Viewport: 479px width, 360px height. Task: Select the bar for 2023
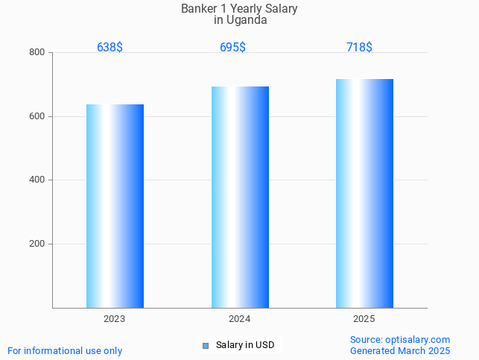click(x=115, y=206)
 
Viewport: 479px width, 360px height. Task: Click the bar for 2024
click(x=240, y=197)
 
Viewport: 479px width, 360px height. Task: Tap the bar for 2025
click(x=364, y=193)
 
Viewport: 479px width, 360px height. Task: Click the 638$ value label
click(x=110, y=47)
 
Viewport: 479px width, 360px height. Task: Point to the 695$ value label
click(x=232, y=47)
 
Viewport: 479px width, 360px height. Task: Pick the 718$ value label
click(x=359, y=47)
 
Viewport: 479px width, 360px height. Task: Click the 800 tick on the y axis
click(x=37, y=52)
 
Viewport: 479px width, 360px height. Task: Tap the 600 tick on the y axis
click(x=37, y=116)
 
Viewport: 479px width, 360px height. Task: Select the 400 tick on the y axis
click(x=37, y=180)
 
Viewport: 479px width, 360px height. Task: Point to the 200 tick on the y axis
click(x=37, y=244)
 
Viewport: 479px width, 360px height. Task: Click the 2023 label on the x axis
click(x=115, y=318)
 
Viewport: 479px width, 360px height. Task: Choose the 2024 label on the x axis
click(x=239, y=318)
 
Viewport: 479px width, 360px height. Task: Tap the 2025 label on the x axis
click(x=364, y=318)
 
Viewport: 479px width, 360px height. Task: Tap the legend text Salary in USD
click(x=245, y=345)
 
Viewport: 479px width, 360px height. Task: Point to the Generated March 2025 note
click(x=400, y=350)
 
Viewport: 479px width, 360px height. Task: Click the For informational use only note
click(x=65, y=350)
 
